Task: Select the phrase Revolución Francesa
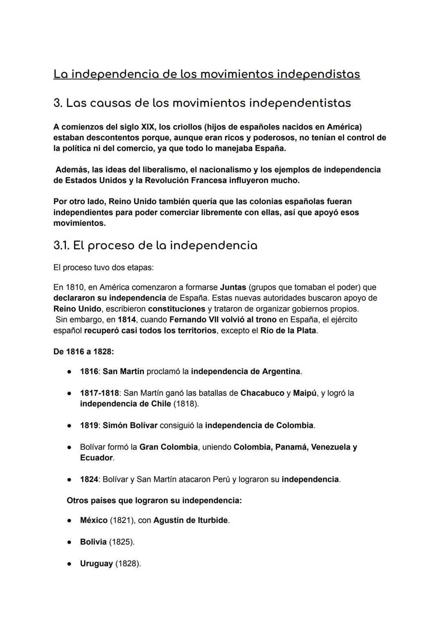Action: (x=186, y=180)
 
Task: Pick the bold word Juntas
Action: (x=233, y=287)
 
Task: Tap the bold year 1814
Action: (x=127, y=319)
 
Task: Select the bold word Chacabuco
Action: (x=262, y=393)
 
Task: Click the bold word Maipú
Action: (x=305, y=393)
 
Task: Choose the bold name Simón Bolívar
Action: (x=130, y=425)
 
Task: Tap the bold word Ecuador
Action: (x=96, y=458)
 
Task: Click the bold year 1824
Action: (x=89, y=480)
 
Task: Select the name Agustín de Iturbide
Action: (x=190, y=520)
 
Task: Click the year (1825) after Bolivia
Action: (x=122, y=542)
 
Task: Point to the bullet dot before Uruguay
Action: (x=70, y=564)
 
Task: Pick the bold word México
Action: (x=94, y=520)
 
